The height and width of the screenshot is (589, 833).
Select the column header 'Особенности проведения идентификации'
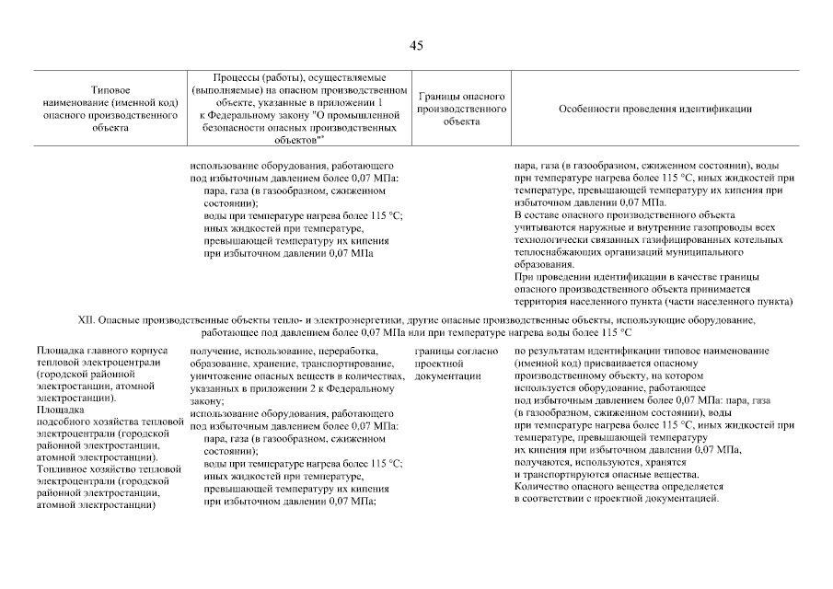pos(654,109)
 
